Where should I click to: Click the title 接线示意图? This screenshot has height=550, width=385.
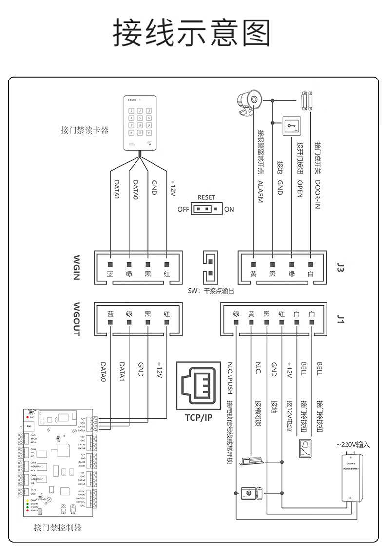(192, 33)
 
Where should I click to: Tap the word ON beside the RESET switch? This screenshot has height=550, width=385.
(229, 209)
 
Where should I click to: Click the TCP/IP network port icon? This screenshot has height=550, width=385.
(199, 386)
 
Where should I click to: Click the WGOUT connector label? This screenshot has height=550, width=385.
(77, 319)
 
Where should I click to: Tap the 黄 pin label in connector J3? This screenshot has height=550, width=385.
(253, 274)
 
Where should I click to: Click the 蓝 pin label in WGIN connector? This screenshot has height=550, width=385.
(110, 274)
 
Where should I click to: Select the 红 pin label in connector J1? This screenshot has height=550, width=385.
(282, 314)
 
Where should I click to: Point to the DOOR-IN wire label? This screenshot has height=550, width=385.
(317, 195)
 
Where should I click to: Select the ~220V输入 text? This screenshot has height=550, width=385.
(353, 444)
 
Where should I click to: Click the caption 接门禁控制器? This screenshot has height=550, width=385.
(58, 528)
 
